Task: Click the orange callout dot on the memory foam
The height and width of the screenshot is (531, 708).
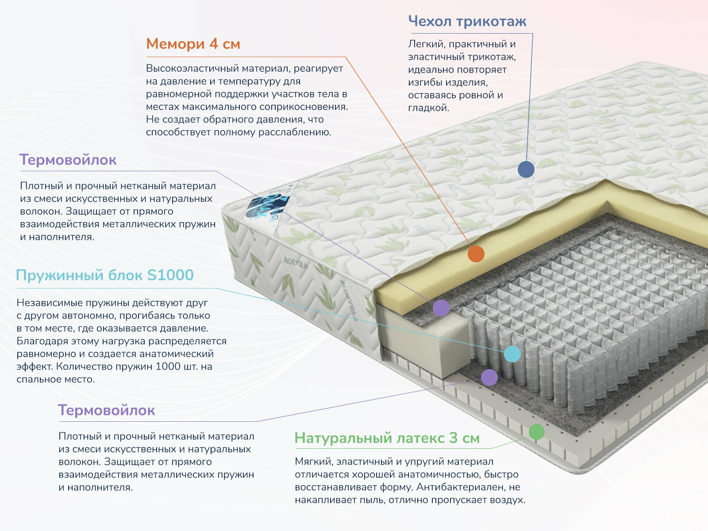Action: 476,254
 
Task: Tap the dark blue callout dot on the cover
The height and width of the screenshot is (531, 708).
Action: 526,169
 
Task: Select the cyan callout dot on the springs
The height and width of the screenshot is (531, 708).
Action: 512,354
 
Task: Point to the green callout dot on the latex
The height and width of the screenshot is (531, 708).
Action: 537,431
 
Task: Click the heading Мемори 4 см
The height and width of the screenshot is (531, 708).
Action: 193,44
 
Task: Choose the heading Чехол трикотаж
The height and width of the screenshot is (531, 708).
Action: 467,21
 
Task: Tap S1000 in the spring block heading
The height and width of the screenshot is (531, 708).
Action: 170,275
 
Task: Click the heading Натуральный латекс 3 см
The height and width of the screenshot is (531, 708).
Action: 387,438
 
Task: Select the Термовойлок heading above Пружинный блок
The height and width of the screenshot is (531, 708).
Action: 68,160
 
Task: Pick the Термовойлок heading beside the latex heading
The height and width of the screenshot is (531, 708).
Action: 106,410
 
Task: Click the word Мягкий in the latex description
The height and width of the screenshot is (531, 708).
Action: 312,462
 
